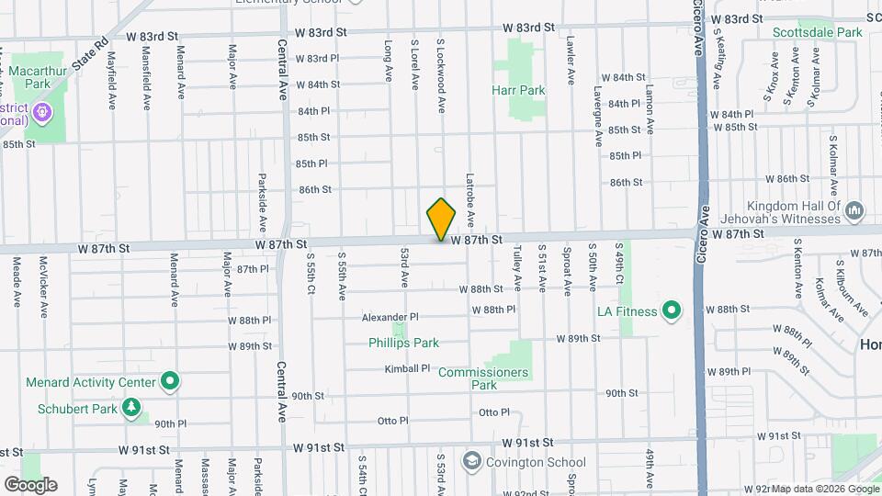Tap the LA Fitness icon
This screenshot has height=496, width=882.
[671, 311]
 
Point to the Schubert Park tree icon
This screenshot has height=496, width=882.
[132, 406]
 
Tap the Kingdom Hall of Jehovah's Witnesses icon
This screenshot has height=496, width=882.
[854, 212]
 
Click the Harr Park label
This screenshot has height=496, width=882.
[518, 90]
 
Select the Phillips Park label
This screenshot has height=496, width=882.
[403, 343]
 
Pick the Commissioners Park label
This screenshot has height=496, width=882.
[483, 378]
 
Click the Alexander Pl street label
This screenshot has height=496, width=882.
[390, 317]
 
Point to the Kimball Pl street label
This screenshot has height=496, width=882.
[407, 368]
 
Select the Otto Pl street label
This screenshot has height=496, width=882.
[392, 421]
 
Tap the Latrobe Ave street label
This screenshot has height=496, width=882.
[469, 201]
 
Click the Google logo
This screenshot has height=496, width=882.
[30, 484]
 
